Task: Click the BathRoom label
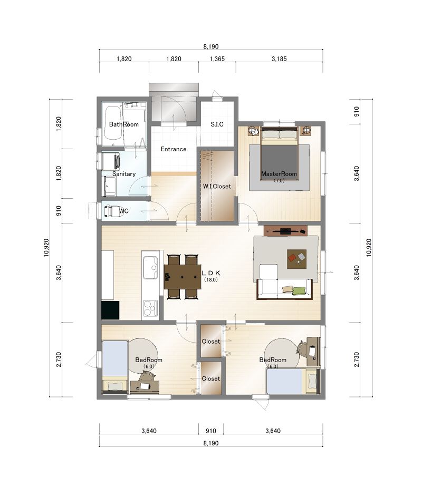pos(124,124)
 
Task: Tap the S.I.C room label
pos(217,124)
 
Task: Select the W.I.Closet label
pos(217,186)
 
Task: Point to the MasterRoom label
pos(279,173)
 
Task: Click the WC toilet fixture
pos(111,211)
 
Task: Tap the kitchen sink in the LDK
pos(150,268)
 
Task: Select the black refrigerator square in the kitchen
pos(110,310)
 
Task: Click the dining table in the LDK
pos(183,277)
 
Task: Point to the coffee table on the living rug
pos(297,259)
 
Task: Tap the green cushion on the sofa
pos(299,290)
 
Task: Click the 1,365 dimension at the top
pos(217,59)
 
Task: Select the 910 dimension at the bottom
pos(211,431)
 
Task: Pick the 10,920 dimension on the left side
pos(46,248)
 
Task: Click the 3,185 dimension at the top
pos(279,59)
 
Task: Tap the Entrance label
pos(174,149)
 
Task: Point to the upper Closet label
pos(211,342)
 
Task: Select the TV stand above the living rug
pos(285,230)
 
